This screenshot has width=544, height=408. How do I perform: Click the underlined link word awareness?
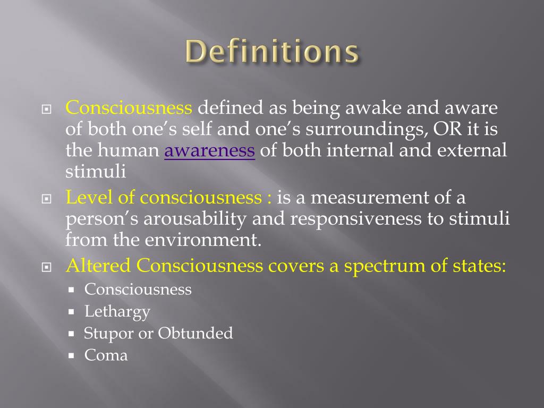point(210,151)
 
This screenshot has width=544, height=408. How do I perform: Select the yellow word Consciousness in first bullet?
point(129,108)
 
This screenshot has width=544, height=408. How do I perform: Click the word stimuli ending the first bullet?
point(96,172)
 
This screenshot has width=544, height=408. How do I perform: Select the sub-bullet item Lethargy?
point(117,311)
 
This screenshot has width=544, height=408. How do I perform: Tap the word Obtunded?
point(195,333)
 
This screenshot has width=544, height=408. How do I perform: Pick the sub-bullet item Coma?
point(106,355)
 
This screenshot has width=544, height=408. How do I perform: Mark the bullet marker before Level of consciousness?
point(46,199)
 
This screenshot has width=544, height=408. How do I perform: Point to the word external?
point(472,151)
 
